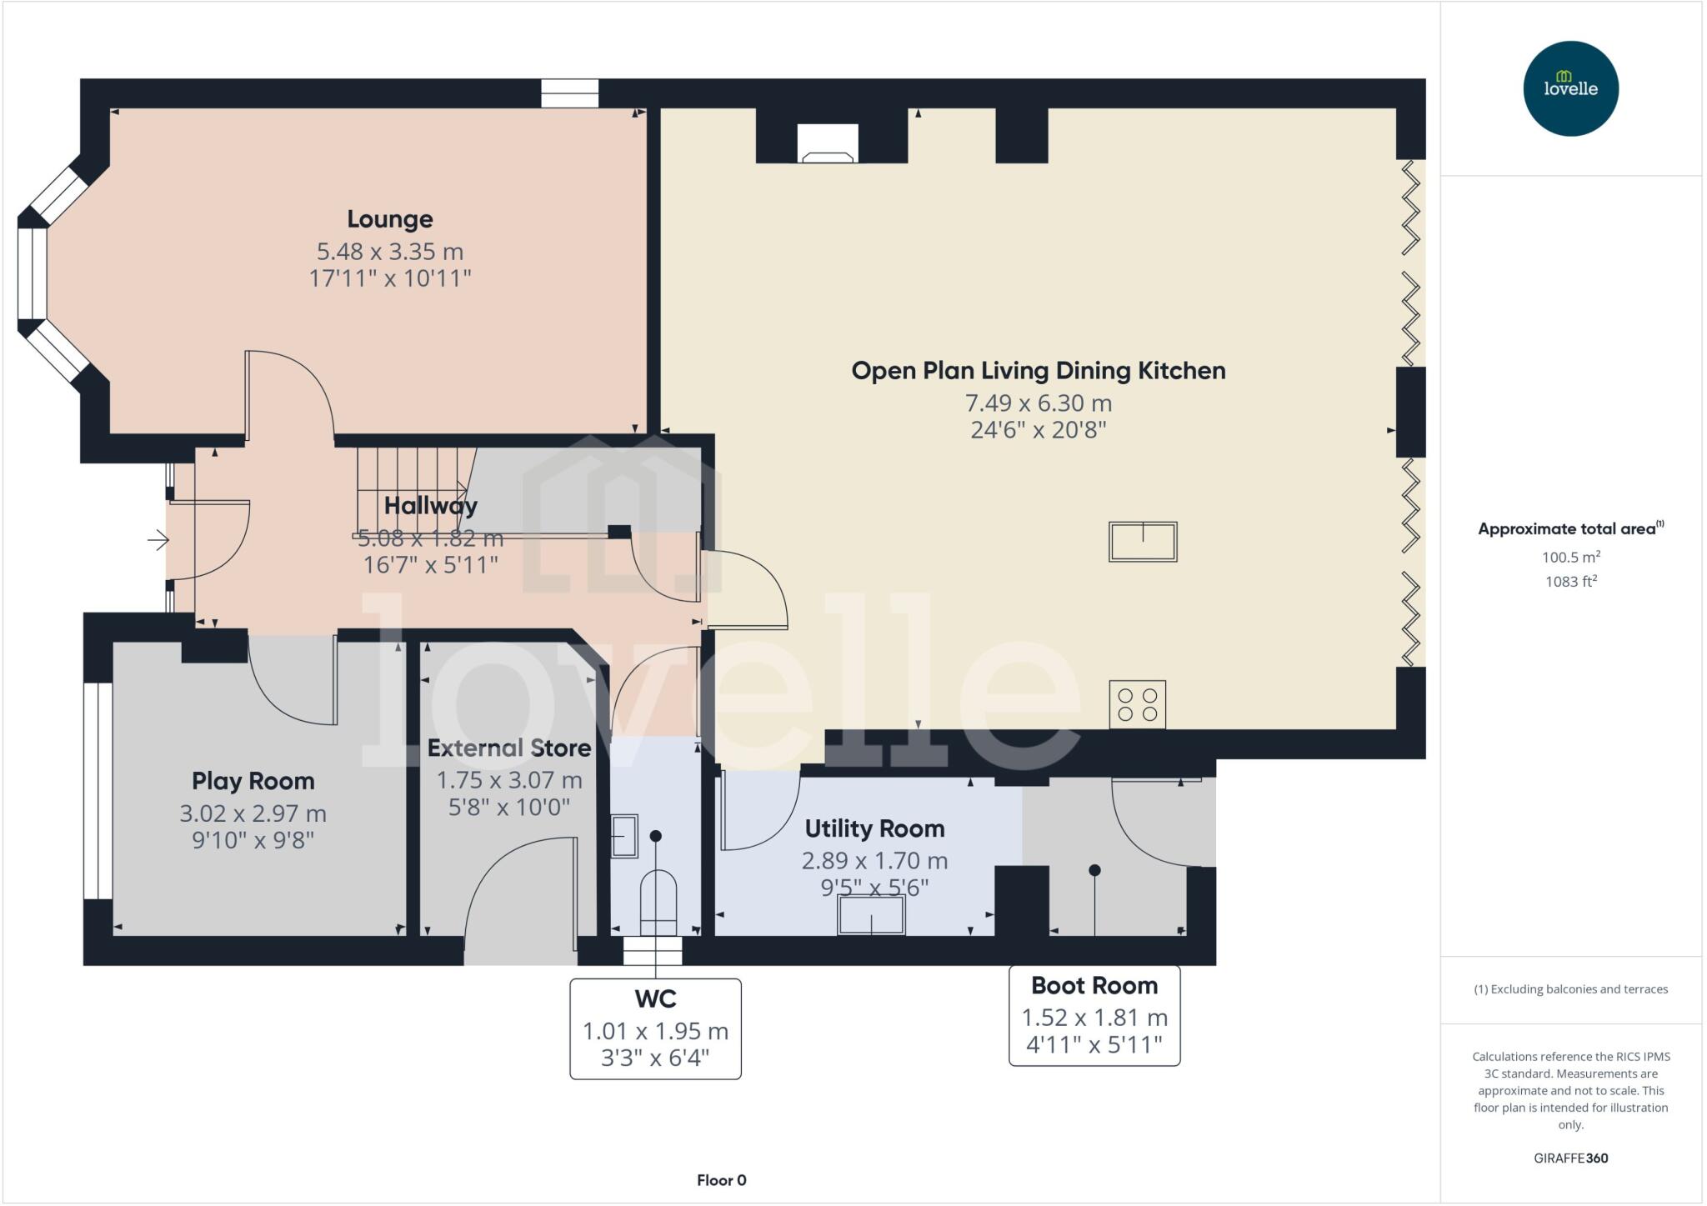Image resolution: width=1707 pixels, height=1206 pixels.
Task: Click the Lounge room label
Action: [389, 219]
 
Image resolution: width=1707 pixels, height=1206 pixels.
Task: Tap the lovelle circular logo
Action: [1570, 88]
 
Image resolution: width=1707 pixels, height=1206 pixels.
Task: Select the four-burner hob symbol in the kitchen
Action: [1137, 704]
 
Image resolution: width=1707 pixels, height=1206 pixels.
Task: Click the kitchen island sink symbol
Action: [1142, 541]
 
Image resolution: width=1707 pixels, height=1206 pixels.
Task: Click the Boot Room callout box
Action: [1094, 1015]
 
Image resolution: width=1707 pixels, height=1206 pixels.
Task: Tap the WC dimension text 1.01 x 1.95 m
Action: [655, 1031]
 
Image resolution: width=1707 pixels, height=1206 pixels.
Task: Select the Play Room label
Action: [253, 781]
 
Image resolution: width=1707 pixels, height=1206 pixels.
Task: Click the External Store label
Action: [508, 748]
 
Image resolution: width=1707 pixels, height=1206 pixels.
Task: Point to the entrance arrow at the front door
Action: [158, 541]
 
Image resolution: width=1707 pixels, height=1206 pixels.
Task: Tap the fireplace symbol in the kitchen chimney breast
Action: [827, 143]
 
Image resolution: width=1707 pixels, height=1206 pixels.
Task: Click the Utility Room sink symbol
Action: [871, 915]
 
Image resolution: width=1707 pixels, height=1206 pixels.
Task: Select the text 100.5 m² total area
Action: [1570, 558]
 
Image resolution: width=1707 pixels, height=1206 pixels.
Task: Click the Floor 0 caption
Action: [721, 1180]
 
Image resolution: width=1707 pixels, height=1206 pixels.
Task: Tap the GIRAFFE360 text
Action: [1570, 1158]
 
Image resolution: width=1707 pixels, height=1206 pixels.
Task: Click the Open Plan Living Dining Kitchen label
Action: [1038, 371]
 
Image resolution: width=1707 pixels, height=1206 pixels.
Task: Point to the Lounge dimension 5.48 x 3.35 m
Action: [389, 251]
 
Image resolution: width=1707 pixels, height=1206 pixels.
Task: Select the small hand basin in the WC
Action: [623, 835]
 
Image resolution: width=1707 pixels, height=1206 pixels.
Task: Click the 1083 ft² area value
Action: [1570, 582]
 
